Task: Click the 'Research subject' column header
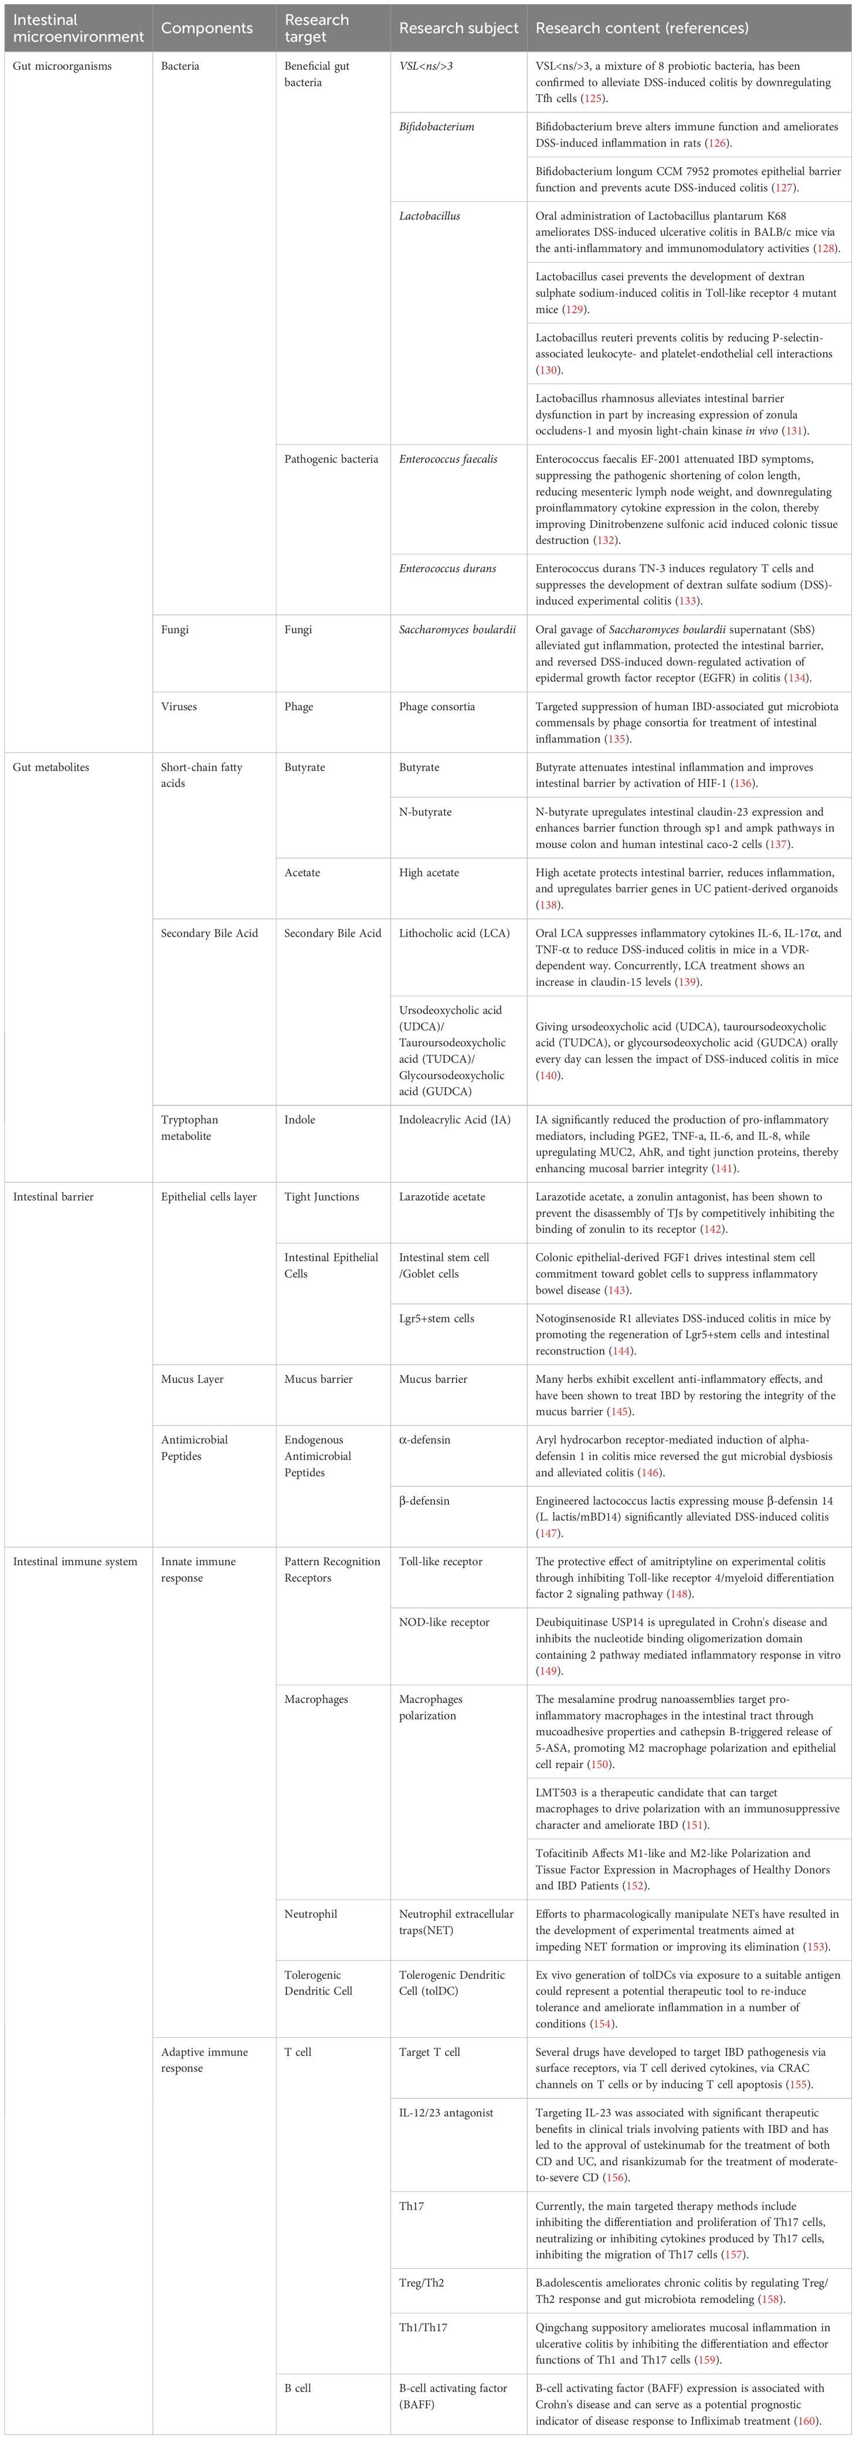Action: coord(458,28)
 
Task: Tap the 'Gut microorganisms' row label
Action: coord(63,66)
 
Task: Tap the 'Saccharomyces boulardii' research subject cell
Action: coord(457,630)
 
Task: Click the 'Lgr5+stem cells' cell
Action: coord(437,1318)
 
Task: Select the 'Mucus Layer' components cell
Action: coord(192,1379)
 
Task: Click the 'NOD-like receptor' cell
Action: coord(444,1622)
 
